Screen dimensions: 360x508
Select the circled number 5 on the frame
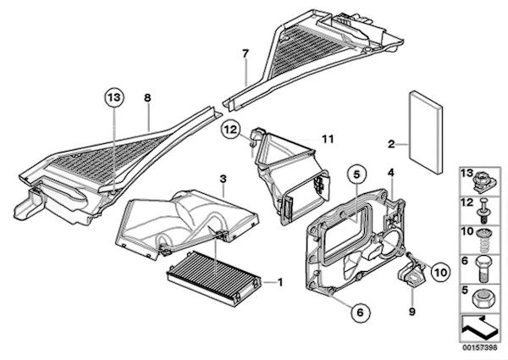click(356, 176)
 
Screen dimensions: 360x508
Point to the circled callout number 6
click(361, 313)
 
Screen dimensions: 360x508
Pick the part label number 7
click(245, 55)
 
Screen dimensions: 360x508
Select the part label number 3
click(223, 179)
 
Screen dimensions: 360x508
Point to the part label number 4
click(391, 173)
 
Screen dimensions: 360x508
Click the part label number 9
click(413, 311)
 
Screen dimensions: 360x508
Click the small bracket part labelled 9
click(412, 275)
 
